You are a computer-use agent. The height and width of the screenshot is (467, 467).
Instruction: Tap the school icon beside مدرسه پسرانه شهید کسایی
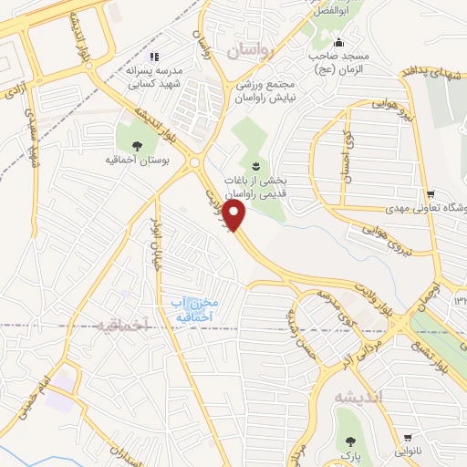click(154, 56)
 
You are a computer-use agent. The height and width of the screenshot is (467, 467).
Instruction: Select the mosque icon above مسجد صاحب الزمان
click(339, 42)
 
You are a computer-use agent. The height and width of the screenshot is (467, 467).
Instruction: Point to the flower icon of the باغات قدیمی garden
click(255, 165)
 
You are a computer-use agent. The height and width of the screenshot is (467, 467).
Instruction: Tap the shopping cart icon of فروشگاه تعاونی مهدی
click(430, 193)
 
